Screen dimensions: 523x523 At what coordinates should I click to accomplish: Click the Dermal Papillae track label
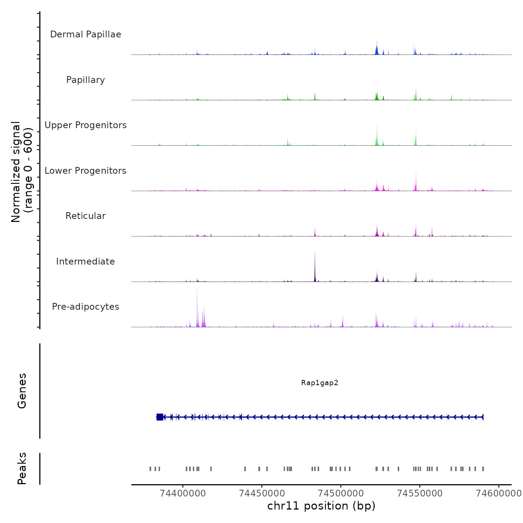click(86, 34)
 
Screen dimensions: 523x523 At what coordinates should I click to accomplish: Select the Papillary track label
click(86, 80)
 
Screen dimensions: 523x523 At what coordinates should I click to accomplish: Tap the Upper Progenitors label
click(86, 125)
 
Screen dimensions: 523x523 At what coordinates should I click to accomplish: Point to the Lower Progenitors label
click(86, 171)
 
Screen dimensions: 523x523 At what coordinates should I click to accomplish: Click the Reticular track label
click(86, 216)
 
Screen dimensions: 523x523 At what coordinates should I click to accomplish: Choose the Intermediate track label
click(86, 261)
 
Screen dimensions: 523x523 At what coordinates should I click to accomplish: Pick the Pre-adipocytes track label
click(86, 307)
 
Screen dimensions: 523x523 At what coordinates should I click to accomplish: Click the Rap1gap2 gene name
click(320, 383)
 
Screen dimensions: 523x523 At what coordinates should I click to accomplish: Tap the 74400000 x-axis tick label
click(183, 493)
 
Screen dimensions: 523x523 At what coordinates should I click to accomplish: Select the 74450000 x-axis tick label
click(261, 493)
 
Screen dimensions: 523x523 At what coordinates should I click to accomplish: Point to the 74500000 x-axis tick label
click(341, 493)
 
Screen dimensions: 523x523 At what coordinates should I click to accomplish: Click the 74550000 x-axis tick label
click(420, 493)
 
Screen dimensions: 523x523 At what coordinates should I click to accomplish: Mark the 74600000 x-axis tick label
click(498, 493)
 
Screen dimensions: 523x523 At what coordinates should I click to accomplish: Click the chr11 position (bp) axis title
click(321, 506)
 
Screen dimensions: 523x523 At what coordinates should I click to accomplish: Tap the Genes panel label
click(22, 391)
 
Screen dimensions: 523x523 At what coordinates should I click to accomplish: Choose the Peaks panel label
click(22, 468)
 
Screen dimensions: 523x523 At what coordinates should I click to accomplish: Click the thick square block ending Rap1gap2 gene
click(160, 417)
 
